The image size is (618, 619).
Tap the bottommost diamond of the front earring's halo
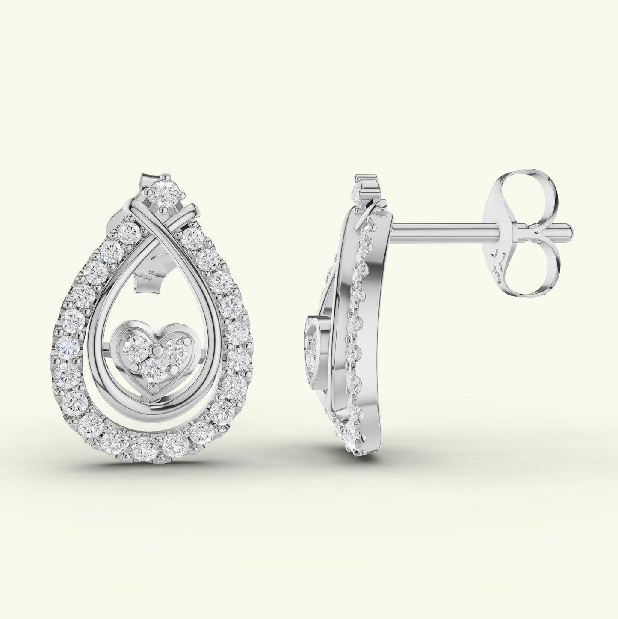pos(144,448)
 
